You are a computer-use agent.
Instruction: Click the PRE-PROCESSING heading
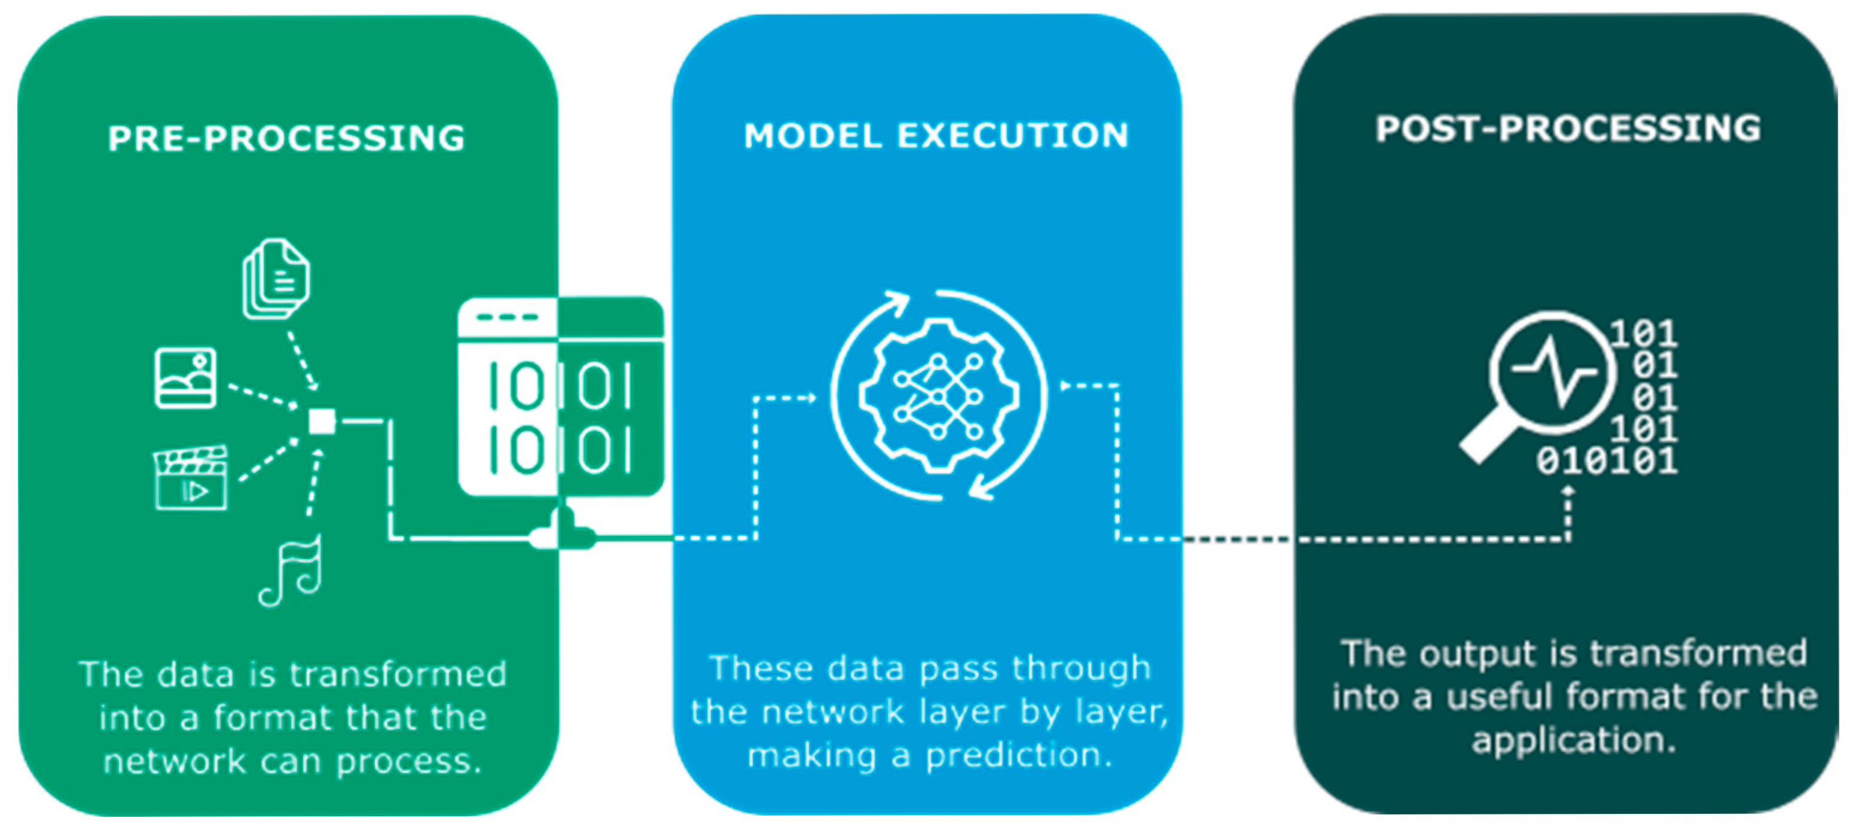point(286,138)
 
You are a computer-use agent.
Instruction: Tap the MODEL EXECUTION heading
point(936,135)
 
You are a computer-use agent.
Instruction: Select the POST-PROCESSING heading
point(1568,129)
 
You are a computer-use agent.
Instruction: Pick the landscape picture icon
point(185,379)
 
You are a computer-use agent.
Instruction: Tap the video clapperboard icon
point(191,478)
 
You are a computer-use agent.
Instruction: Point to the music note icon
point(292,571)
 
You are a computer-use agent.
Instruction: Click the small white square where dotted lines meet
point(322,422)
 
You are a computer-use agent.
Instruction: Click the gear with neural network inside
point(938,396)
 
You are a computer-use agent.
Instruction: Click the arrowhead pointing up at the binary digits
point(1569,491)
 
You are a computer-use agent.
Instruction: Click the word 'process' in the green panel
point(407,762)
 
